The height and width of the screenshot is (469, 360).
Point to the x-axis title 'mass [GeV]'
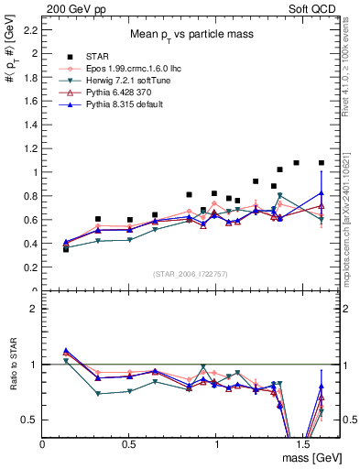311,458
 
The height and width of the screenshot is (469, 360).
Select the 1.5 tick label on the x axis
302,443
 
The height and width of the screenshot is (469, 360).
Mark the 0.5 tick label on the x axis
129,443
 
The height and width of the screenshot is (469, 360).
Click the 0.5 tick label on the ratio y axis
29,420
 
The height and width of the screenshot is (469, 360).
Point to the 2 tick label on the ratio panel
33,309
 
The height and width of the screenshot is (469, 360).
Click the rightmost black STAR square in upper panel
322,163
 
